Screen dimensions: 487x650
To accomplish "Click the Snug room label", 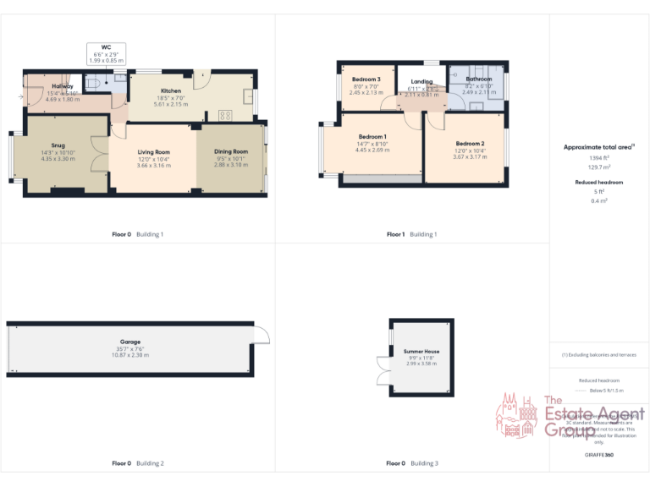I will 58,145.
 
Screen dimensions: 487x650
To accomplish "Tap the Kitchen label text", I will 171,90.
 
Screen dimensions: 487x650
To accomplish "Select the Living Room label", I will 154,152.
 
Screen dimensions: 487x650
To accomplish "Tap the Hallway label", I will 63,86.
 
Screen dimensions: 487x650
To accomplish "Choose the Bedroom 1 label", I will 372,136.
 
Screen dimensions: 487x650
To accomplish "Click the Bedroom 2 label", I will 470,144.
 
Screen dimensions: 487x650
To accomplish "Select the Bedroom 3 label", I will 367,79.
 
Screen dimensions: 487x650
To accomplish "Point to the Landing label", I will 421,82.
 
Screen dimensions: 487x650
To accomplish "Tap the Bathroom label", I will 479,79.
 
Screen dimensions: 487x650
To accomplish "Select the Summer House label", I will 421,351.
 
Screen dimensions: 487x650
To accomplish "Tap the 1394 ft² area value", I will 599,157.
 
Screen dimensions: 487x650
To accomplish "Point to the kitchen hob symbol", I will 226,114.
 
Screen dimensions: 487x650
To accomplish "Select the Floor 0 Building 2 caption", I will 138,463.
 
